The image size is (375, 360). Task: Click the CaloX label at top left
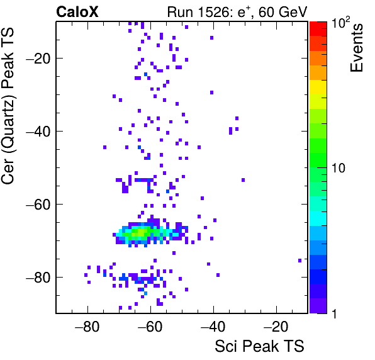77,12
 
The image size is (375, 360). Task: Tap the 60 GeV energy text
283,12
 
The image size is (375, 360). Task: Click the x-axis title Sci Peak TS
259,346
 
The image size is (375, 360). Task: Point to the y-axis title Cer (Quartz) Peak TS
8,106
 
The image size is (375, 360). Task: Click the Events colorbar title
356,48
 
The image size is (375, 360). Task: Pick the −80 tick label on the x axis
87,327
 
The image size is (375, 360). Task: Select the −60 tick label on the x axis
150,327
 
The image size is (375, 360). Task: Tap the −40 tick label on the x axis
213,327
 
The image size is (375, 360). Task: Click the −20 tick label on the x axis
276,327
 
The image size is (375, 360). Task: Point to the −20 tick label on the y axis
38,59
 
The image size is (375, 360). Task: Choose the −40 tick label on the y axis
38,132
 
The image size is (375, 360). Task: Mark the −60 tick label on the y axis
38,205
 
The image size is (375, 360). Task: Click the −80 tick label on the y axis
38,278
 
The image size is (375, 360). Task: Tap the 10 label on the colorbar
339,169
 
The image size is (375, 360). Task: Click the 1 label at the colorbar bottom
335,313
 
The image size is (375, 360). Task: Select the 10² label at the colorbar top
340,22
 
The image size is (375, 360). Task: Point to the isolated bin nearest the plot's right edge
299,261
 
